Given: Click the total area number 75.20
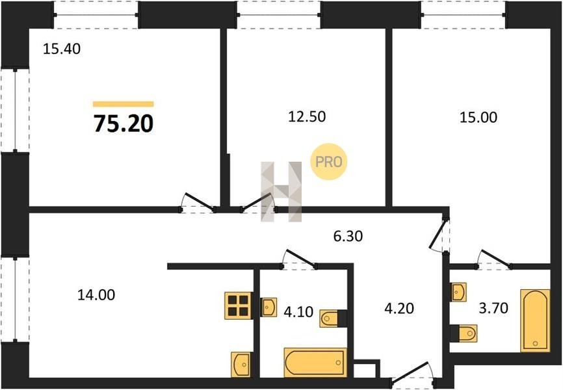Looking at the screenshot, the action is [x=124, y=123].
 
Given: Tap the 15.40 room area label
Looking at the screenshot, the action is [x=61, y=49].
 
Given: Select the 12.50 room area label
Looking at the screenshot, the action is [x=307, y=117].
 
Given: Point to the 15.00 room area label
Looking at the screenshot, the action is [x=478, y=118].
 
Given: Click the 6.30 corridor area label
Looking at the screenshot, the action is [x=348, y=237].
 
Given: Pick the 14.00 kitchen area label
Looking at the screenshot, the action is [x=96, y=295].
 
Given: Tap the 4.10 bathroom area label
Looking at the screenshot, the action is [x=298, y=312].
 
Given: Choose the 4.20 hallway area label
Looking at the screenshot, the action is [x=399, y=308].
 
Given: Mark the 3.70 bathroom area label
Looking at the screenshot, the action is [x=493, y=307].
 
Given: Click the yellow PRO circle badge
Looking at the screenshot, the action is [x=328, y=162].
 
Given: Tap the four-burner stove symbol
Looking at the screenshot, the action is [x=238, y=305].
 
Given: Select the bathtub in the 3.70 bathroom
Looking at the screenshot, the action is [x=535, y=320].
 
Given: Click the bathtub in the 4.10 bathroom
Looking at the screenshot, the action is [x=315, y=362].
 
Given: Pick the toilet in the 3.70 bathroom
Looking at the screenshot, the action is [x=464, y=333].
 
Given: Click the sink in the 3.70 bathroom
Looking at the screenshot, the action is [x=458, y=292].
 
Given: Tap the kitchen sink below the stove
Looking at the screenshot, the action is [x=241, y=365].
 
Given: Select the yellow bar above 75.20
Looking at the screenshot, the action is [x=123, y=104].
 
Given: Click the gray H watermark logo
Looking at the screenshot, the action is [x=281, y=192].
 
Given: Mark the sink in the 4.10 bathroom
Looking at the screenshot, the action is [x=268, y=307].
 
